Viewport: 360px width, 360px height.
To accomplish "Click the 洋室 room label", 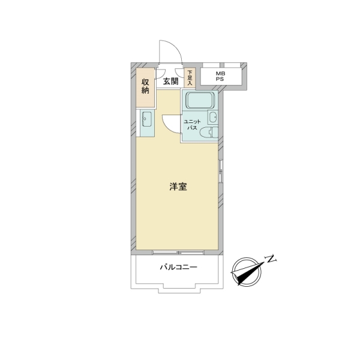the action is (x=178, y=187).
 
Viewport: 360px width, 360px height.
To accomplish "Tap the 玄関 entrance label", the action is (x=171, y=81).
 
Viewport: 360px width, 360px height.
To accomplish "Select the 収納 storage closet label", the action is (x=145, y=86).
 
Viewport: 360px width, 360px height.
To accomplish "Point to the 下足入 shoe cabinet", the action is (x=190, y=77).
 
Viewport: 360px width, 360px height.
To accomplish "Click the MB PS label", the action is (x=220, y=76).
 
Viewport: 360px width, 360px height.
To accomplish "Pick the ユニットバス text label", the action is (x=192, y=125).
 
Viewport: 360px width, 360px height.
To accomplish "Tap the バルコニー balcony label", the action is (x=179, y=267).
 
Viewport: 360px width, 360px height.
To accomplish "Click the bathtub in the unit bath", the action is (x=200, y=100).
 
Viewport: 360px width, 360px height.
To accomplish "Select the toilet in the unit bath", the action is (x=209, y=133).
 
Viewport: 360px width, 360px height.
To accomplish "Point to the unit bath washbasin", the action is (x=213, y=117).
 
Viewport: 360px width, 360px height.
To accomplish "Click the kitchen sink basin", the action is (x=146, y=119).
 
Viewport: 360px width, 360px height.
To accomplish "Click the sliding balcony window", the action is (x=178, y=253).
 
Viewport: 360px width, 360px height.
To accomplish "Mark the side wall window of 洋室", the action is (x=220, y=171).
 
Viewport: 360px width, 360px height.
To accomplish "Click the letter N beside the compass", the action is (x=271, y=259).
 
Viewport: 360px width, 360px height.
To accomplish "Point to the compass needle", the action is (x=248, y=273).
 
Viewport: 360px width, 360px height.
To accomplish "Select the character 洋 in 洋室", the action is (x=174, y=187).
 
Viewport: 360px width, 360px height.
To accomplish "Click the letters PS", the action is (x=220, y=79).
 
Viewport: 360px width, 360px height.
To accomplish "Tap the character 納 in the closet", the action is (x=145, y=90).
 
